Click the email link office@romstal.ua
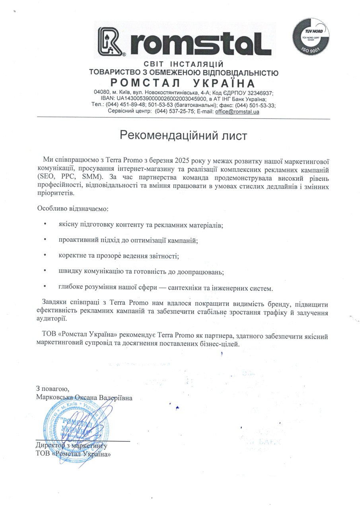(237, 112)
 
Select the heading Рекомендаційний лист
(183, 136)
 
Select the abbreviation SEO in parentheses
(46, 175)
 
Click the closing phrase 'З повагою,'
(52, 389)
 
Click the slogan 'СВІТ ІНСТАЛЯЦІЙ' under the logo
(183, 64)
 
